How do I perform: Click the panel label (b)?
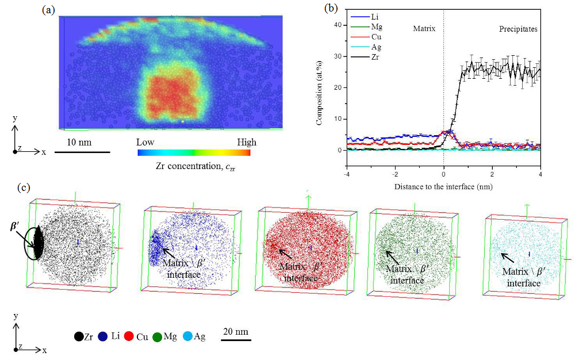331,8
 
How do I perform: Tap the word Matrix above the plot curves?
425,28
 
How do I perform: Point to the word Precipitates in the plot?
517,28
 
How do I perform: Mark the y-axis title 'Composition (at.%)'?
320,87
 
